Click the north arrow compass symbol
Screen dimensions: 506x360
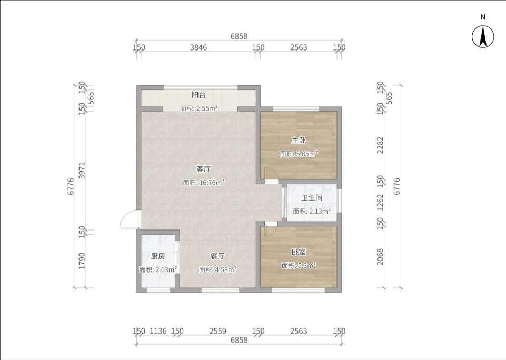pos(483,36)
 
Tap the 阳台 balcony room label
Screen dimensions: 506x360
pos(199,95)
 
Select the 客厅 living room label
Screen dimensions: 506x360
pos(204,169)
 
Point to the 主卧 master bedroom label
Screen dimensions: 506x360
pos(299,141)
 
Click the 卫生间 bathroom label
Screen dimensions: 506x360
pos(312,198)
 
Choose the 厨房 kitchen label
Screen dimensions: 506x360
pos(158,256)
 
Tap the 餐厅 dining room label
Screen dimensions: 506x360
pos(218,256)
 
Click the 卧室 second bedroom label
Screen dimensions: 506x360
pos(299,252)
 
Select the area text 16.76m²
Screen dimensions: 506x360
pos(212,182)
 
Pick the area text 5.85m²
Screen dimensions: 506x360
pos(306,154)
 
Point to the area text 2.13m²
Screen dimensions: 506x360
pos(320,211)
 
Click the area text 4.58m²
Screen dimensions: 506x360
pos(226,269)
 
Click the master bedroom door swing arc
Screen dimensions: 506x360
pos(271,174)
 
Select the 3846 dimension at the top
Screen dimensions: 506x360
pos(198,47)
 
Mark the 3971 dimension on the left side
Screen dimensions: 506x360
pos(82,171)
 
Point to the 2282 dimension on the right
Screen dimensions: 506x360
pos(381,145)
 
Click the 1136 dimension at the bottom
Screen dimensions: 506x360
pos(158,331)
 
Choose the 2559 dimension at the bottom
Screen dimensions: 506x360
pos(218,331)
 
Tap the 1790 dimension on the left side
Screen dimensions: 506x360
pos(82,261)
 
